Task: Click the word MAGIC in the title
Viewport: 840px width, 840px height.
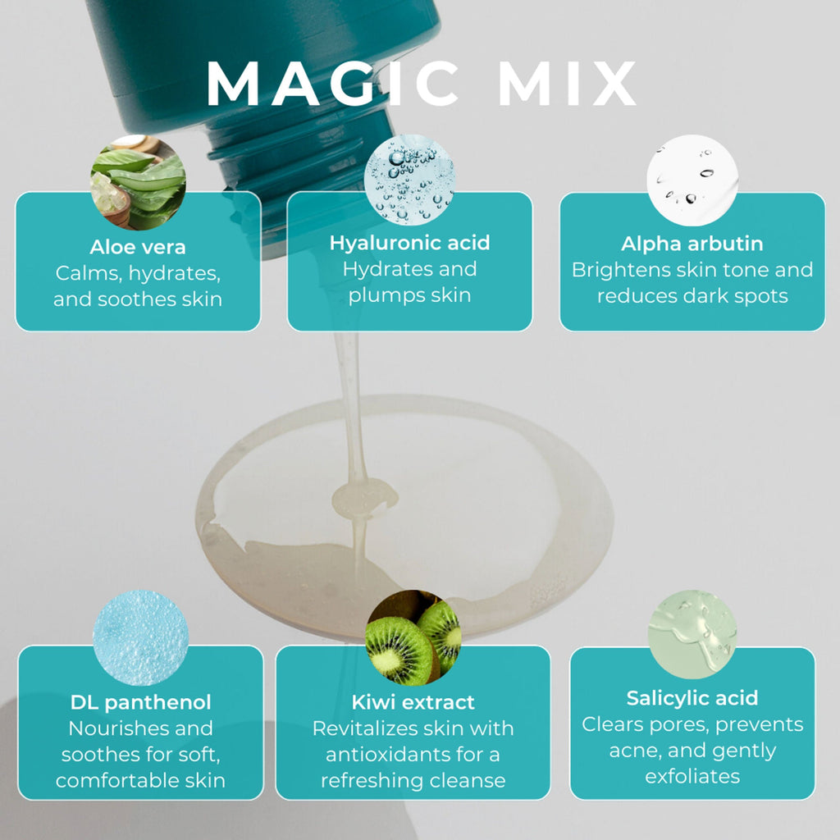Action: [x=332, y=83]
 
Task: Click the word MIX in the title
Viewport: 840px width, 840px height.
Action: [x=568, y=83]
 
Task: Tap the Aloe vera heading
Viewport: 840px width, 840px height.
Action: [x=138, y=247]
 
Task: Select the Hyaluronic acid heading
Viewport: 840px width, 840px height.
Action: [x=410, y=243]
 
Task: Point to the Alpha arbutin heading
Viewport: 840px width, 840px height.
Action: [x=692, y=244]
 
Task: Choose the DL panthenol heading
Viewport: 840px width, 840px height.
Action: [x=141, y=702]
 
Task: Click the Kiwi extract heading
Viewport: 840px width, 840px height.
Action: [x=413, y=702]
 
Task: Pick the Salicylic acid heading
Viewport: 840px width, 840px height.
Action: [x=692, y=698]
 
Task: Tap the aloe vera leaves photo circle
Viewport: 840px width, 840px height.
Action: [x=138, y=182]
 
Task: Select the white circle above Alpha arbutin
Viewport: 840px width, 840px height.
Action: [x=692, y=180]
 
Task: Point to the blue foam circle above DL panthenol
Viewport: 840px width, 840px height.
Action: [x=140, y=637]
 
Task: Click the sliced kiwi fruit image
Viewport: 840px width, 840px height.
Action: [x=413, y=637]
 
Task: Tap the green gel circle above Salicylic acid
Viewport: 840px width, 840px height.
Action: [x=692, y=634]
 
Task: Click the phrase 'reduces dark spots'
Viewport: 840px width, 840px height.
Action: [x=692, y=295]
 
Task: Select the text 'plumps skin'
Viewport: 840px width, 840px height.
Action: [x=410, y=295]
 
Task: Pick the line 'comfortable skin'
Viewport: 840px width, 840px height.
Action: [x=140, y=781]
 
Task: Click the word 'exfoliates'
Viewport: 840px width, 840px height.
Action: [x=692, y=776]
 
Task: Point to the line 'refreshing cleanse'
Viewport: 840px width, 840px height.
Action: [x=413, y=781]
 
